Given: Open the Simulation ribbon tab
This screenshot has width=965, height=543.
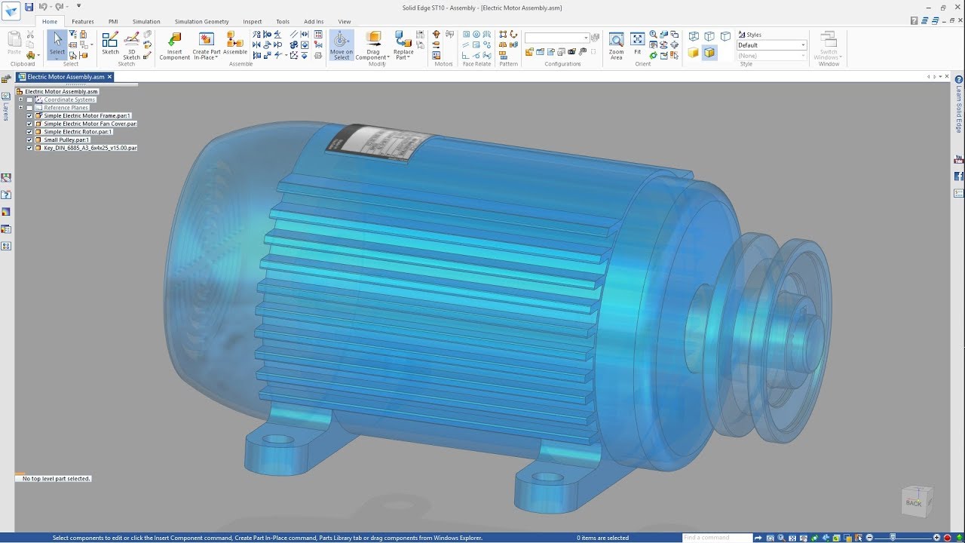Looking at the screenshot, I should (x=146, y=22).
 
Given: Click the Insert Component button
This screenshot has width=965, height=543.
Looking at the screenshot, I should (x=174, y=44).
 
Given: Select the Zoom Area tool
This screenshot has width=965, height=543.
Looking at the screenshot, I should (x=616, y=44).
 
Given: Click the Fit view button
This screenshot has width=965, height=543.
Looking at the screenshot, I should (x=638, y=44).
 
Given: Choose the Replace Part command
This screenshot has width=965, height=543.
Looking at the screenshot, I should (x=403, y=44).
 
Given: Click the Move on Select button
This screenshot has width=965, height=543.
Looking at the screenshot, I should (x=341, y=44).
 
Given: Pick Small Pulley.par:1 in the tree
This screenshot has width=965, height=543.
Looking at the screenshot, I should (x=66, y=140).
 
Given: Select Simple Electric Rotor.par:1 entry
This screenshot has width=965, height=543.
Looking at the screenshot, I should (x=78, y=132).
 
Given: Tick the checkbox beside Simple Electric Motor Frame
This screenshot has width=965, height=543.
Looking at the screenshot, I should (x=29, y=116).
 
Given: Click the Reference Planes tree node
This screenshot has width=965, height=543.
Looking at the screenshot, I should (x=66, y=108).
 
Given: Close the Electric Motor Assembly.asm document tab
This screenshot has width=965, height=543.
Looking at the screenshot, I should (x=109, y=77).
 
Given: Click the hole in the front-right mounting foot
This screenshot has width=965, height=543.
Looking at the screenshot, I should (x=548, y=477).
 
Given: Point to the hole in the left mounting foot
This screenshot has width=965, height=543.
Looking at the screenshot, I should (x=278, y=438).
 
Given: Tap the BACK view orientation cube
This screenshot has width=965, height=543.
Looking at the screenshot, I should (x=915, y=502).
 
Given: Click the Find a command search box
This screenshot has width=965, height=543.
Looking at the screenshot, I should (x=716, y=538).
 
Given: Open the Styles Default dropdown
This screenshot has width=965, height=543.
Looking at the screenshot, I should (x=803, y=45).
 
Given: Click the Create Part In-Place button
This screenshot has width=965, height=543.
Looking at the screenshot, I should (x=206, y=44).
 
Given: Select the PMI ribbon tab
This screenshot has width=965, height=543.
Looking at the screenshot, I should (x=113, y=22).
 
